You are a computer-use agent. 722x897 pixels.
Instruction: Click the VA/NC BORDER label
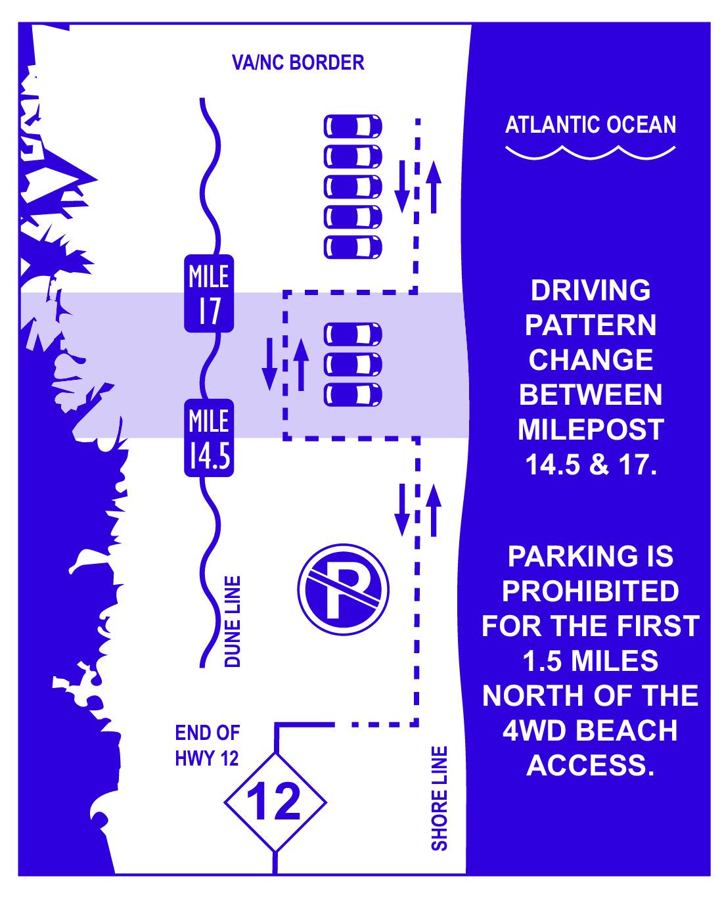tap(298, 62)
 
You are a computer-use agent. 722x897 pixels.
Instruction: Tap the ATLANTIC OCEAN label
tap(590, 124)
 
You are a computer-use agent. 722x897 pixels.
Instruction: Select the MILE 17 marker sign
tap(209, 293)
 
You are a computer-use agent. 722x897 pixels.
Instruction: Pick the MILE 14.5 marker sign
tap(209, 438)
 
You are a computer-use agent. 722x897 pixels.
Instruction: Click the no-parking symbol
tap(343, 589)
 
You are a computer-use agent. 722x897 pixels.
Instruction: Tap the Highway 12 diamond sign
tap(275, 802)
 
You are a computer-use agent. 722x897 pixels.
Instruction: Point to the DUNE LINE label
tap(233, 621)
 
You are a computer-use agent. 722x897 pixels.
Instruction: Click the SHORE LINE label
tap(439, 798)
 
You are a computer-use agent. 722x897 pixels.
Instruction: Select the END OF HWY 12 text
tap(207, 745)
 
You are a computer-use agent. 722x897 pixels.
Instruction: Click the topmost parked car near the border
tap(353, 126)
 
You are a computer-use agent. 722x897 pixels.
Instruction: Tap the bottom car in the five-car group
tap(353, 247)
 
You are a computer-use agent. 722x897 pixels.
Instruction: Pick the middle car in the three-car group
tap(353, 364)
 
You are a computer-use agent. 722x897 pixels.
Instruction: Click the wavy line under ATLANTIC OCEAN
tap(590, 153)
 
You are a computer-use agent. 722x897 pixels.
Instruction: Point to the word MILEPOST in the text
tap(591, 430)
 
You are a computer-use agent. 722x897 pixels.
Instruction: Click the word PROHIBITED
tap(590, 591)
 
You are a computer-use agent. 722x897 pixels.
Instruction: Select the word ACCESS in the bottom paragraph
tap(590, 766)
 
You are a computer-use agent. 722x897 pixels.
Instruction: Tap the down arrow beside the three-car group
tap(269, 364)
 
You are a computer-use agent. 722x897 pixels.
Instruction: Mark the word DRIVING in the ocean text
tap(590, 290)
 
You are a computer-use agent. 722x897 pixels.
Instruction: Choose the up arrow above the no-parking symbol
tap(434, 510)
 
